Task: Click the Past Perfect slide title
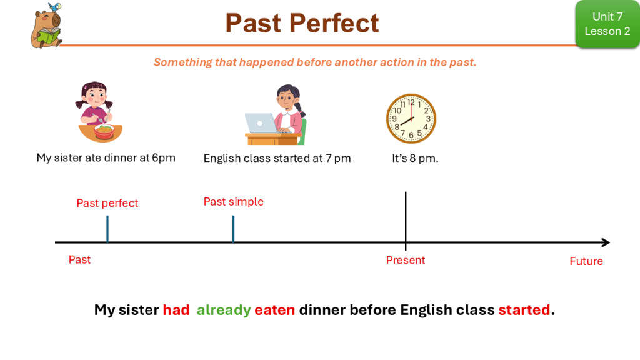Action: click(x=302, y=23)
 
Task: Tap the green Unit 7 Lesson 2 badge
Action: click(x=607, y=24)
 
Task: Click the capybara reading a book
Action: click(x=46, y=26)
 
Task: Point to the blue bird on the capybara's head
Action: click(x=55, y=7)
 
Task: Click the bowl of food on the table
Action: click(x=104, y=131)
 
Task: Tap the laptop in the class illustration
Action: click(x=261, y=123)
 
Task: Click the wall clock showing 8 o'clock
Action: click(x=411, y=119)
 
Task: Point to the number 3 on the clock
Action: click(x=428, y=119)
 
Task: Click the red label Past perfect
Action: click(x=107, y=203)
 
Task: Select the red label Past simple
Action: click(x=234, y=202)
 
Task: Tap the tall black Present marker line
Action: click(x=406, y=221)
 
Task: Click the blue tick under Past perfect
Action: click(x=107, y=229)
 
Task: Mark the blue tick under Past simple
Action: click(x=234, y=229)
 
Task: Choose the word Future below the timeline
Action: click(x=586, y=261)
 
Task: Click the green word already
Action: click(x=224, y=310)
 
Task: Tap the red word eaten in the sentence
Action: click(x=275, y=310)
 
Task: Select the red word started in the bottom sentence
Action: click(x=524, y=310)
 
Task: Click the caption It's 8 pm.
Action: click(x=415, y=158)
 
